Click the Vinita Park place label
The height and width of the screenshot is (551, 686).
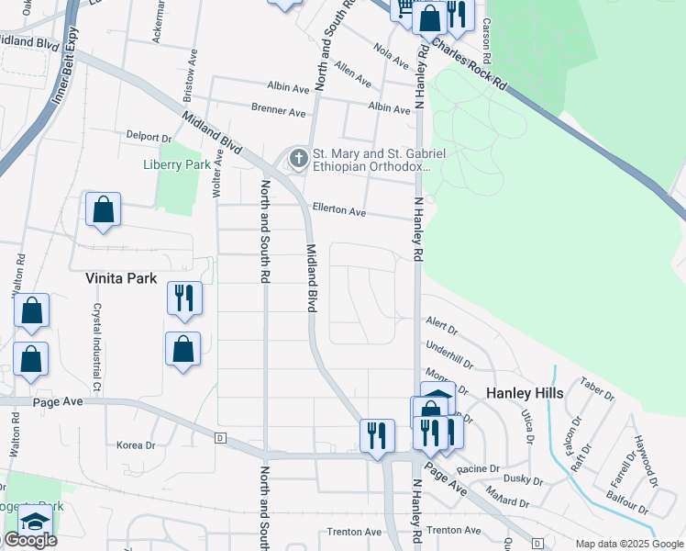121,277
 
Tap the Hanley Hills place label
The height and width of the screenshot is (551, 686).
524,392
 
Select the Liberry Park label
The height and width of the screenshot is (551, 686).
177,165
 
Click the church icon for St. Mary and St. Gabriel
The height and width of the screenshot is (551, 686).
298,160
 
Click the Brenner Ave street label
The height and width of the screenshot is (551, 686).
278,111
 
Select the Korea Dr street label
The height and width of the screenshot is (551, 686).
137,444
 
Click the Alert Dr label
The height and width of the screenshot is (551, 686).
441,322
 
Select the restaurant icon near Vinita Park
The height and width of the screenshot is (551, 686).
184,298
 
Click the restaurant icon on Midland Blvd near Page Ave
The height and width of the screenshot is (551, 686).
377,436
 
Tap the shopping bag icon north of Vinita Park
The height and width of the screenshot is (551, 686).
104,210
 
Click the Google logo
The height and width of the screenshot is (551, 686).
30,540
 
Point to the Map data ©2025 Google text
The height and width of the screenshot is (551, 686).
629,544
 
